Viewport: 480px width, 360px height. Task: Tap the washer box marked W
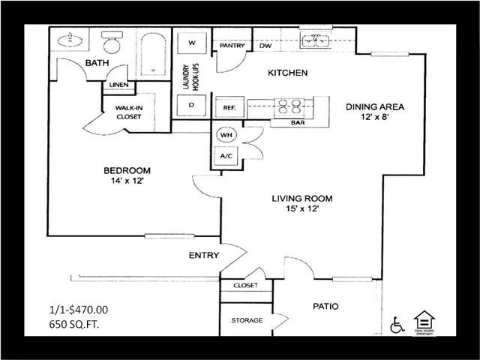192,43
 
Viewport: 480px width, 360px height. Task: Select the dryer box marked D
192,105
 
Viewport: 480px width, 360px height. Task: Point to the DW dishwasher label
265,46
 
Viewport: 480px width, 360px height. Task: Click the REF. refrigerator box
229,108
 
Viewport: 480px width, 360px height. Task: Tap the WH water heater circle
226,136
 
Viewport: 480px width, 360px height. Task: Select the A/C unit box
226,156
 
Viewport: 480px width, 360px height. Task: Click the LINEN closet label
118,85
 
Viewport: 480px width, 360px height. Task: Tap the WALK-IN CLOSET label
128,112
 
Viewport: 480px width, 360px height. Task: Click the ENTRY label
203,256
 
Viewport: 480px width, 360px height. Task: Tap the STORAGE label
247,321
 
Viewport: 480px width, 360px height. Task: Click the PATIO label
325,306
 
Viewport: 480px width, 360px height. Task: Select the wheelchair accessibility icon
397,325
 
